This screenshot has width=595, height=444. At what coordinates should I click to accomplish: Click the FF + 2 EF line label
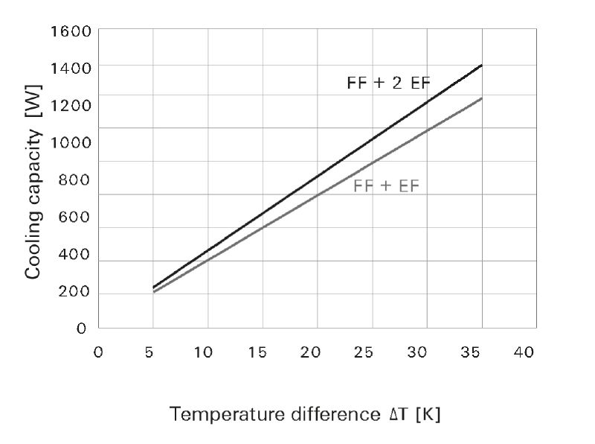pos(388,83)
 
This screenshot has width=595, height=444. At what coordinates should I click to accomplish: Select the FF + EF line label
pos(386,186)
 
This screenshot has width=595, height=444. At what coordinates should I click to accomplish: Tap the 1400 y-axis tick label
pos(71,69)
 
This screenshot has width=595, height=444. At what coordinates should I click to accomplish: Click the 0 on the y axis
pos(82,329)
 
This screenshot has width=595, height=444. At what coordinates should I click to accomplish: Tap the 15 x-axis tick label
pos(257,352)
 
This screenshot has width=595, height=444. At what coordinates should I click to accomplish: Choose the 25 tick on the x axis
pos(364,352)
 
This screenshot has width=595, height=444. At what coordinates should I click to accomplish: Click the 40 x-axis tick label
pos(524,352)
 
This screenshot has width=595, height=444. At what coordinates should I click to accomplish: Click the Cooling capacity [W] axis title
pos(33,182)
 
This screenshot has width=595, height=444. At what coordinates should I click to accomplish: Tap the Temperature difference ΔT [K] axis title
pos(305,414)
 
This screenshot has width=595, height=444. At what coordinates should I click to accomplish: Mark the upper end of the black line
pos(482,66)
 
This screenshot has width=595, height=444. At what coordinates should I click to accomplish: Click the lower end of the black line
pos(153,287)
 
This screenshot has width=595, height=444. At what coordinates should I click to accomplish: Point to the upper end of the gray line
pos(482,98)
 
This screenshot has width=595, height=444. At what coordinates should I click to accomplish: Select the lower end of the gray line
pos(153,292)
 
